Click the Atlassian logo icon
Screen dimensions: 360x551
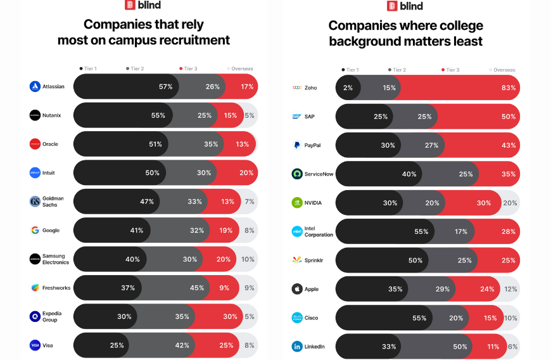(x=35, y=86)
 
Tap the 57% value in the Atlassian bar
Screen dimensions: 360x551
(x=166, y=87)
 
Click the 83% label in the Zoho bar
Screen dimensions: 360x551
(x=509, y=88)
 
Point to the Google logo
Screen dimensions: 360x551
(x=35, y=230)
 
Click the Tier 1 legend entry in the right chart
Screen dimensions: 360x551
(x=350, y=70)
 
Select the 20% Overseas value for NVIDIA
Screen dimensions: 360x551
(x=510, y=203)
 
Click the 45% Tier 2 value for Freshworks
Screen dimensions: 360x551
(x=196, y=288)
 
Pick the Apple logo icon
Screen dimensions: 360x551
(x=296, y=289)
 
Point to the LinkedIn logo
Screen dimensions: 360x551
(x=296, y=346)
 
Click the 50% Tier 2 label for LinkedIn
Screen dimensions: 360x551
(x=460, y=347)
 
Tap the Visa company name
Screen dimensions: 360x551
(x=48, y=345)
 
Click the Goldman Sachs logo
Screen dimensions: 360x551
(x=35, y=202)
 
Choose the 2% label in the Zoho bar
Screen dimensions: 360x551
(x=348, y=88)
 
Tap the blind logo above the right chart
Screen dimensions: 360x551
(x=405, y=6)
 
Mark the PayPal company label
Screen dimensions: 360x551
(x=313, y=145)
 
